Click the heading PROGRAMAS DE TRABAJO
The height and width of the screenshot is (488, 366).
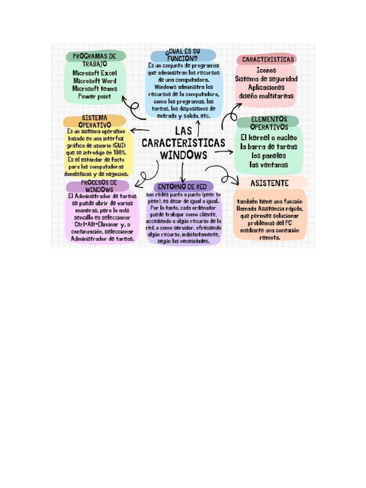(x=94, y=60)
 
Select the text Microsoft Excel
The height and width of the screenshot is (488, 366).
(x=94, y=73)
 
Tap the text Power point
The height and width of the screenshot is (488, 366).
(x=94, y=96)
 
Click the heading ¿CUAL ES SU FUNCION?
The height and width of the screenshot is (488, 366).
(x=183, y=54)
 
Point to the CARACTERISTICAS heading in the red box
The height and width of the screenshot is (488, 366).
(x=267, y=60)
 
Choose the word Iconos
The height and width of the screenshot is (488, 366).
(x=266, y=70)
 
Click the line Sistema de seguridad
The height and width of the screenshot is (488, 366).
(x=266, y=79)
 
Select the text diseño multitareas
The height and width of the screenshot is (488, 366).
(x=266, y=96)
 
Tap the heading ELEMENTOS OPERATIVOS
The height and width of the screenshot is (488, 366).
(x=269, y=123)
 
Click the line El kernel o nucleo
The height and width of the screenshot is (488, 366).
(x=269, y=138)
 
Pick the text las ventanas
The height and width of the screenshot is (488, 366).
(x=269, y=165)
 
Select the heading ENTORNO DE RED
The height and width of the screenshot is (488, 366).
(x=183, y=186)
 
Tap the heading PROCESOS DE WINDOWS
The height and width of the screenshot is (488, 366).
(x=99, y=186)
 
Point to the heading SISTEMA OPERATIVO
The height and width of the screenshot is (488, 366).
(x=94, y=121)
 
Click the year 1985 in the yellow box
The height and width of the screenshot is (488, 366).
(x=119, y=152)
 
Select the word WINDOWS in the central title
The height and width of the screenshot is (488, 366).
(x=183, y=155)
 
